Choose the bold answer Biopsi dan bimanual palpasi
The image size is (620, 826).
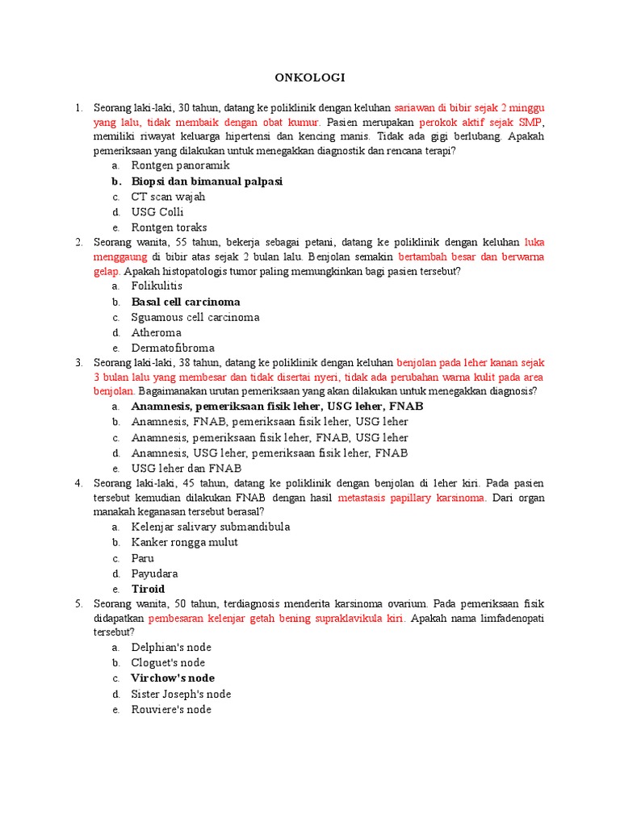tap(207, 181)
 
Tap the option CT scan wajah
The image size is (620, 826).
tap(169, 197)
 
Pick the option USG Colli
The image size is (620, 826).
tap(157, 212)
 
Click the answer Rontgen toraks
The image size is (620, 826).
tap(170, 227)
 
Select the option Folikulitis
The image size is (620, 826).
tap(157, 286)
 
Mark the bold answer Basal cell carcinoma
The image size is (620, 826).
tap(186, 302)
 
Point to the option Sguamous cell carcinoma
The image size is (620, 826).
tap(195, 317)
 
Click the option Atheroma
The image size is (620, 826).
tap(157, 332)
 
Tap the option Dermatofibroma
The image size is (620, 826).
tap(173, 348)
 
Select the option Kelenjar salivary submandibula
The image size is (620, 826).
tap(211, 527)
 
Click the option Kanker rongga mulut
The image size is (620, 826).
tap(185, 542)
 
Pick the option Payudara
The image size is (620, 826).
tap(154, 574)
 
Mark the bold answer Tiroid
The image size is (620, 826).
tap(148, 589)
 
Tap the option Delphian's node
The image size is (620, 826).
tap(171, 647)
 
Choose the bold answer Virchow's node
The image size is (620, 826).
tap(173, 678)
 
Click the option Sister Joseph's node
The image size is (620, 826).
tap(181, 694)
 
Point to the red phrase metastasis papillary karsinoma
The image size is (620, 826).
tap(412, 499)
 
